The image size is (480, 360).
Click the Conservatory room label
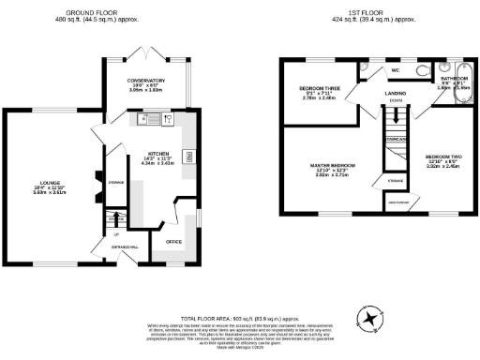coord(145,81)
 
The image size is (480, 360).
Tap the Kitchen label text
coord(157,152)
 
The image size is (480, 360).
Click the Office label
coord(173,241)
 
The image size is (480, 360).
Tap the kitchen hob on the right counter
coord(189,157)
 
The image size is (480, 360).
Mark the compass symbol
coord(372,320)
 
